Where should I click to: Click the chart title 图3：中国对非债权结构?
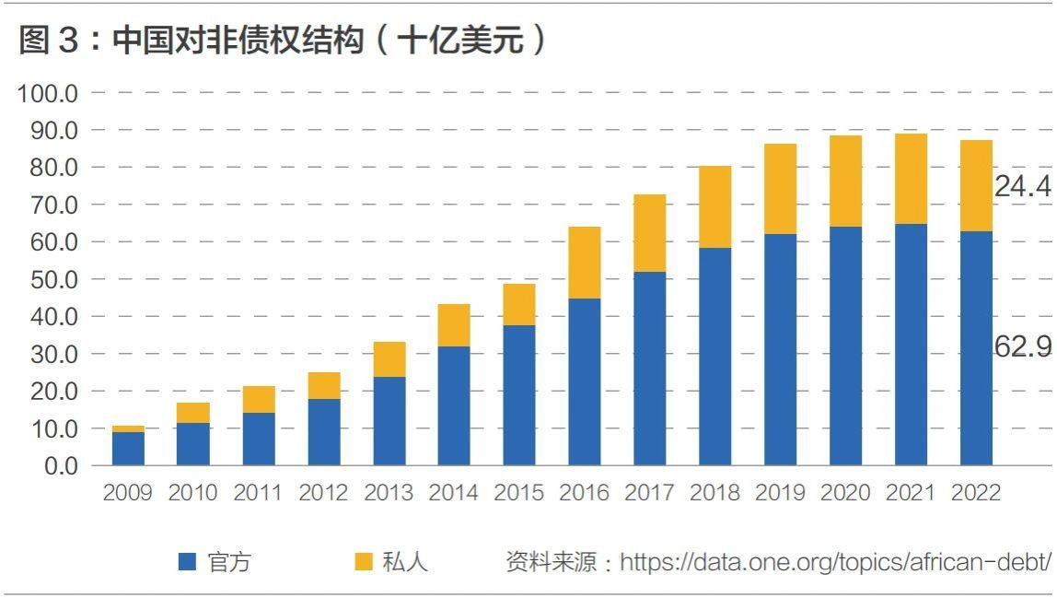(192, 40)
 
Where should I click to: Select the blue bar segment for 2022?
(976, 348)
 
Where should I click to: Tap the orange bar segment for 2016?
(585, 263)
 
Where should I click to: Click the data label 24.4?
(1023, 185)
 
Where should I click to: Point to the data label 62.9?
(1023, 346)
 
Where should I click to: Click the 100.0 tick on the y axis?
(47, 93)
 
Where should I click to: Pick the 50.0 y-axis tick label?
(54, 279)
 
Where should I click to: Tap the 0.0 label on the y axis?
(61, 465)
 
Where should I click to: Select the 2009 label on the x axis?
(127, 492)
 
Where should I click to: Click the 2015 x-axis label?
(518, 492)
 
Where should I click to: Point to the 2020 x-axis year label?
(844, 492)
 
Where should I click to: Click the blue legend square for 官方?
(187, 561)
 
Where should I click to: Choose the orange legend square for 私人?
(364, 561)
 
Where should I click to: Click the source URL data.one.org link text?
(835, 561)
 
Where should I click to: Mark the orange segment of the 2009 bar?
(128, 429)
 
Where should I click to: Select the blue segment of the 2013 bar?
(389, 421)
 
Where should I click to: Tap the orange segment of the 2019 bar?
(781, 189)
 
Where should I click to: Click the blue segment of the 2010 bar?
(192, 444)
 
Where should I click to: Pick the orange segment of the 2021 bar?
(911, 179)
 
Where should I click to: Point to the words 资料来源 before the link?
(552, 561)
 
